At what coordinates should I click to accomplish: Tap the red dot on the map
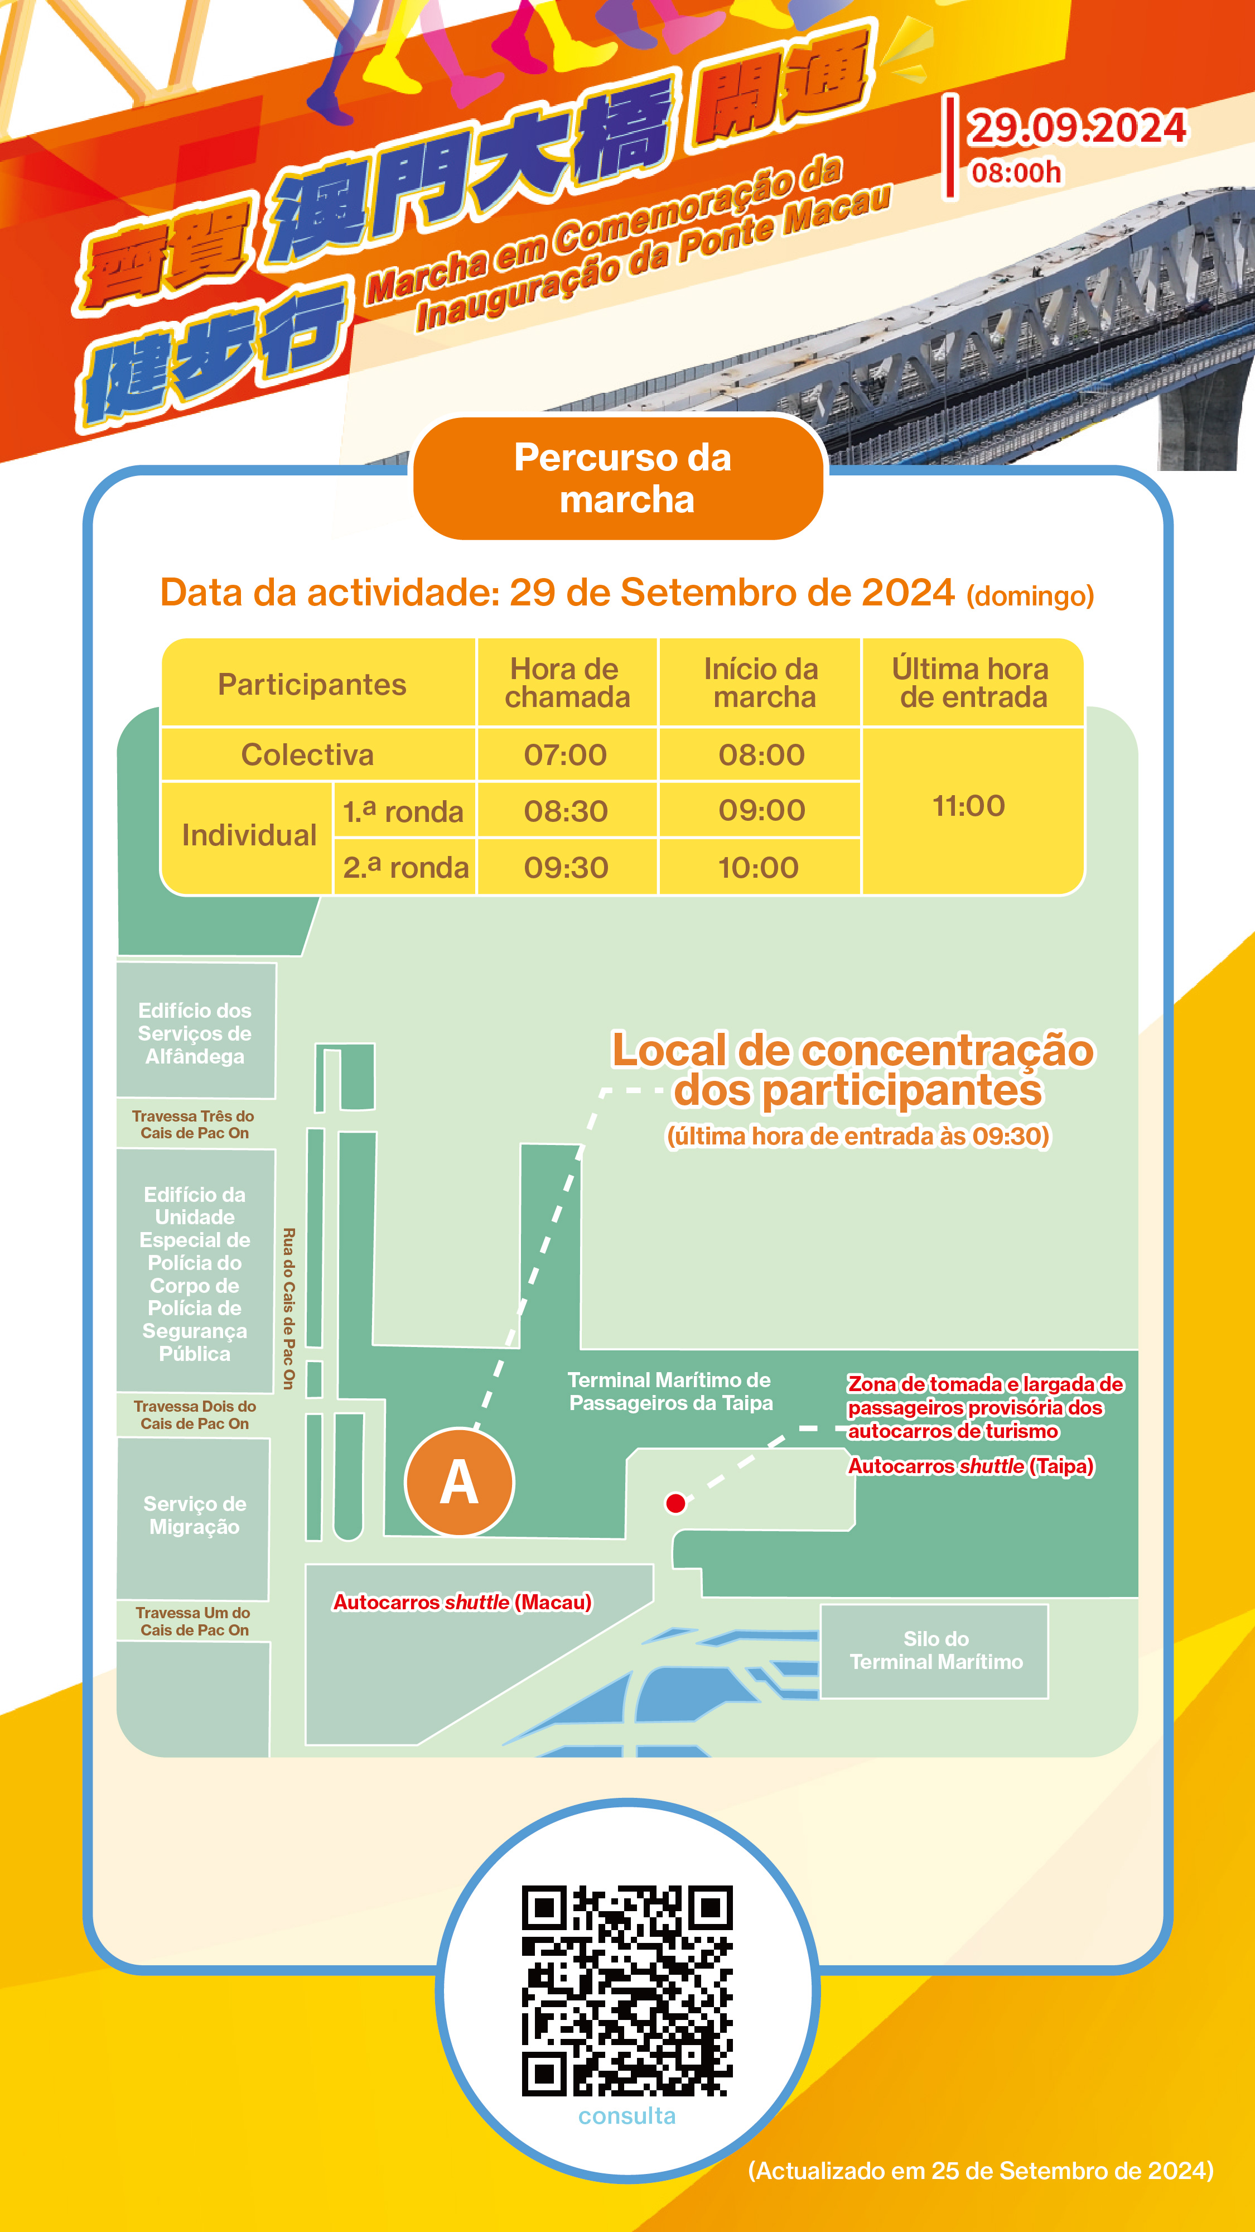pyautogui.click(x=675, y=1503)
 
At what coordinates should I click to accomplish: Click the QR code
pyautogui.click(x=627, y=1991)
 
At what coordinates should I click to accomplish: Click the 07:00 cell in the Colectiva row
pyautogui.click(x=566, y=754)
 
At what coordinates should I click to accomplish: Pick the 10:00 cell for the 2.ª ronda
pyautogui.click(x=759, y=867)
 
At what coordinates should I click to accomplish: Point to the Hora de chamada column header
pyautogui.click(x=567, y=683)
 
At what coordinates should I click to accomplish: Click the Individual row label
pyautogui.click(x=249, y=835)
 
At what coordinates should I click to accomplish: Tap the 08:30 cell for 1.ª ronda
pyautogui.click(x=566, y=811)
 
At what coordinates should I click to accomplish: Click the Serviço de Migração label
pyautogui.click(x=195, y=1516)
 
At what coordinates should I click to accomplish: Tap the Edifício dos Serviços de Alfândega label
pyautogui.click(x=195, y=1033)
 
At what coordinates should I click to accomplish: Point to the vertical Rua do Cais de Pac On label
pyautogui.click(x=288, y=1309)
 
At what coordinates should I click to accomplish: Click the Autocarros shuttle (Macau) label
pyautogui.click(x=462, y=1602)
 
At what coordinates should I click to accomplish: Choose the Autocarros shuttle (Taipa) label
pyautogui.click(x=970, y=1466)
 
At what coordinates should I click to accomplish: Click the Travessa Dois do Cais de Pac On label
pyautogui.click(x=195, y=1415)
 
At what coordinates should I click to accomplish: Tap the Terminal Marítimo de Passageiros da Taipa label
pyautogui.click(x=670, y=1392)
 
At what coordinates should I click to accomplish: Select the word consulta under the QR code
pyautogui.click(x=627, y=2116)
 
